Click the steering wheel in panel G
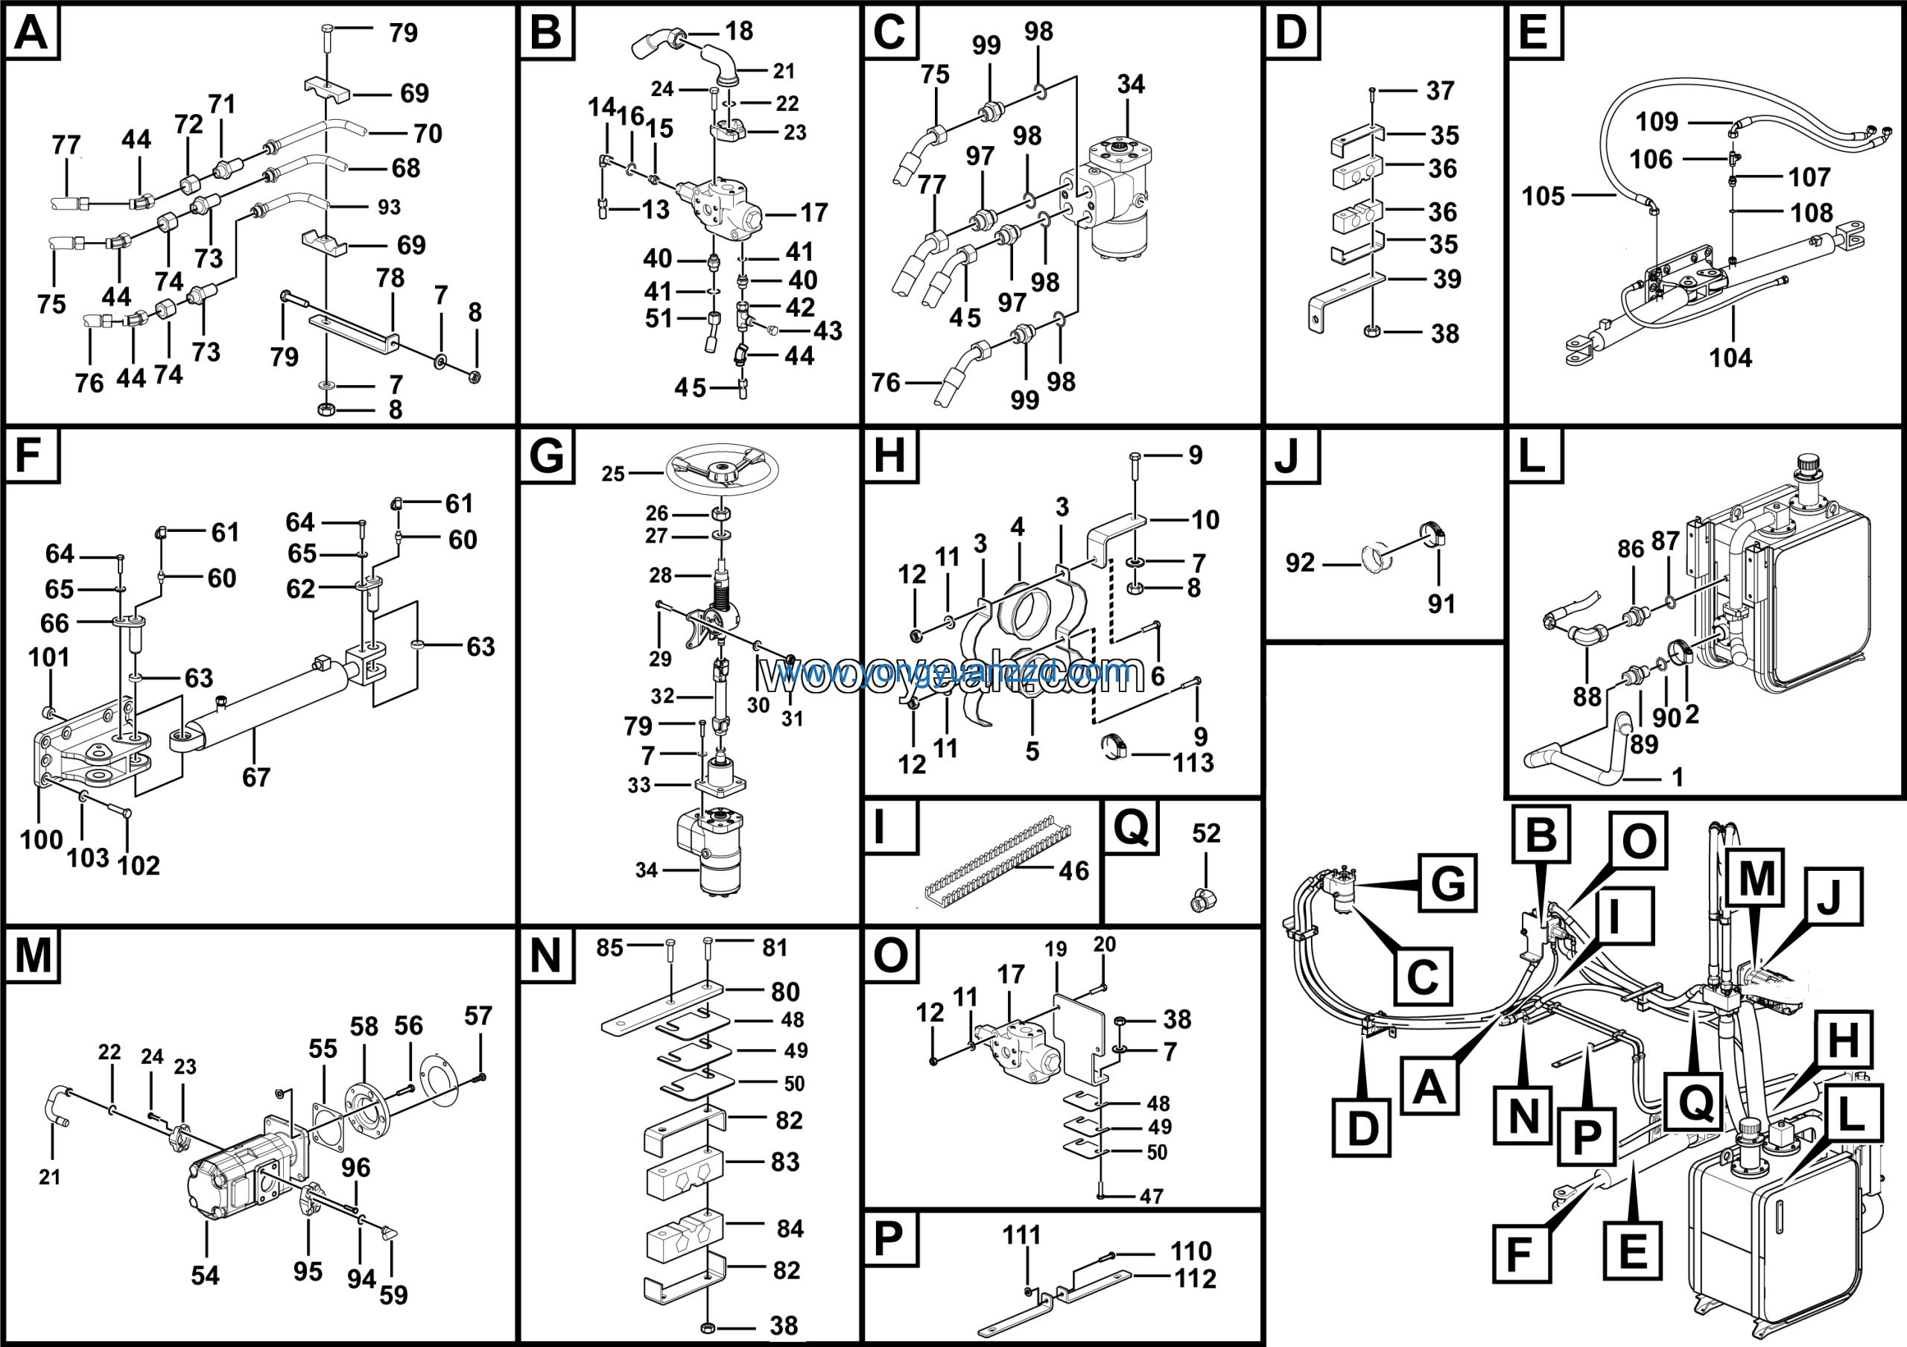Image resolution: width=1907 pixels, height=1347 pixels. coord(721,469)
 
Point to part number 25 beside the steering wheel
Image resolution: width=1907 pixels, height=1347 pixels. coord(613,474)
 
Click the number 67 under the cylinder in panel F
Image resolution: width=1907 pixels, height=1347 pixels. coord(256,777)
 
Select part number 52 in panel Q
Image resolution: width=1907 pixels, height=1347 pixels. coord(1206,833)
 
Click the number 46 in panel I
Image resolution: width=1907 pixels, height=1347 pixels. coord(1073,870)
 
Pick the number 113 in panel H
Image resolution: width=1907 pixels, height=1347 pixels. coord(1193,762)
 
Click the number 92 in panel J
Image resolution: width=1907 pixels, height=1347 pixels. coord(1300,563)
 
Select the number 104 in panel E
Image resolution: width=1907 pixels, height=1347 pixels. coord(1730,358)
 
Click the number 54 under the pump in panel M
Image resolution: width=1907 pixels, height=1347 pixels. coord(205,1275)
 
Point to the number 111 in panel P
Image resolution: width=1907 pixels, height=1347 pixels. coord(1021,1235)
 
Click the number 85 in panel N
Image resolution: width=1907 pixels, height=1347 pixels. coord(609,948)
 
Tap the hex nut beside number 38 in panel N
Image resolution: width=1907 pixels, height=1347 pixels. coord(708,1325)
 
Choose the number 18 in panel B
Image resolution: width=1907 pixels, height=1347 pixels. coord(738,31)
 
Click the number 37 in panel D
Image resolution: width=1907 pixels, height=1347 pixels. coord(1439,90)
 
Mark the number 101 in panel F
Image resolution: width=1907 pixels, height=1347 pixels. coord(49,658)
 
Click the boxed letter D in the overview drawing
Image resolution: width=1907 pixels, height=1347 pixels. coord(1362,1128)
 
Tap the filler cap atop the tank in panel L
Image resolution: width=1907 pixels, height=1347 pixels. coord(1807,464)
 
